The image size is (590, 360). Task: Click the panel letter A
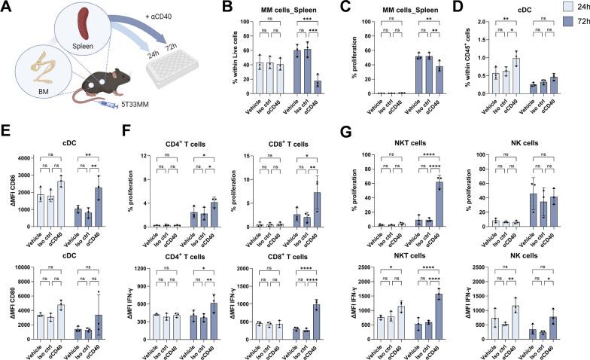pyautogui.click(x=6, y=7)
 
